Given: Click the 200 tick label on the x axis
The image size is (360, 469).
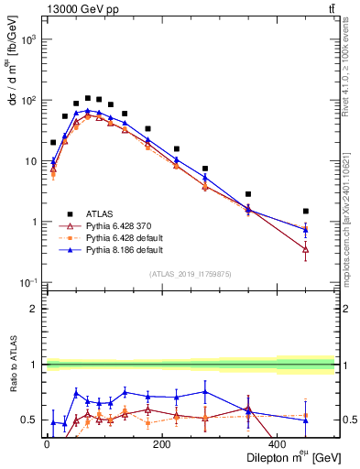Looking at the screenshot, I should point(161,444).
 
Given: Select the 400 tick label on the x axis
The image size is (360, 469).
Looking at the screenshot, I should point(277,444).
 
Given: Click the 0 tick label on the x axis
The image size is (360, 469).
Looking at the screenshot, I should point(46,444).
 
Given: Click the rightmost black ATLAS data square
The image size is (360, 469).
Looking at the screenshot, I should point(306,211).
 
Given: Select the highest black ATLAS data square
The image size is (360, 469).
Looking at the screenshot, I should point(88,98).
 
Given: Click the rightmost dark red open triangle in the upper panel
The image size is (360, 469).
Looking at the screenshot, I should point(306,249).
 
